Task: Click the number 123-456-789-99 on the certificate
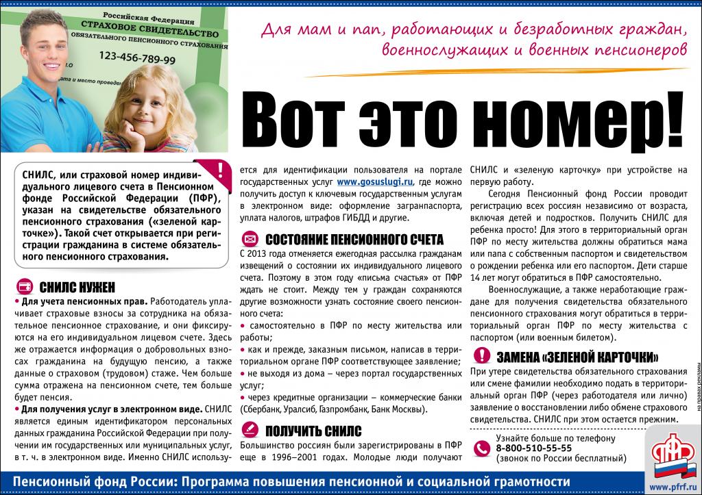point(136,59)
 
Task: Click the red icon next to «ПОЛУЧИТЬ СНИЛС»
point(251,431)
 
